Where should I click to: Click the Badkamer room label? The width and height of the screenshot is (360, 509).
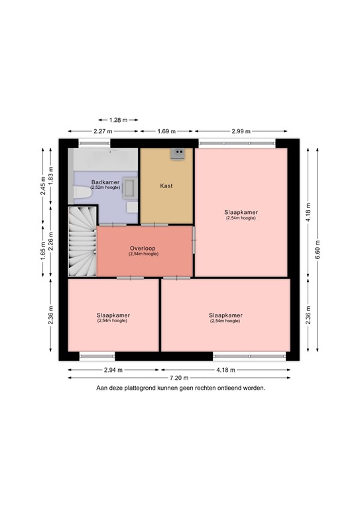[x=105, y=182]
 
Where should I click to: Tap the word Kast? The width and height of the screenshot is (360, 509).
[x=166, y=186]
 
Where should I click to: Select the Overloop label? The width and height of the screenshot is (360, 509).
[x=143, y=249]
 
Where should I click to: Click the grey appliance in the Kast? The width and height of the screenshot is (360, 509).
[x=178, y=154]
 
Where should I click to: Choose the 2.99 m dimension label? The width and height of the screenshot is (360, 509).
[x=241, y=131]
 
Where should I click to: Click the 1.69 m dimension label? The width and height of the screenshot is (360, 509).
[x=168, y=131]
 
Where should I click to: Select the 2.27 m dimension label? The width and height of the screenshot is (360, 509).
[x=103, y=131]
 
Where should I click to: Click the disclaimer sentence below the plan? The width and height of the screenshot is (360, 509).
[x=180, y=388]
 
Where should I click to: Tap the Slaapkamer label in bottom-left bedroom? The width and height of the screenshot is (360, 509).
[x=113, y=315]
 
